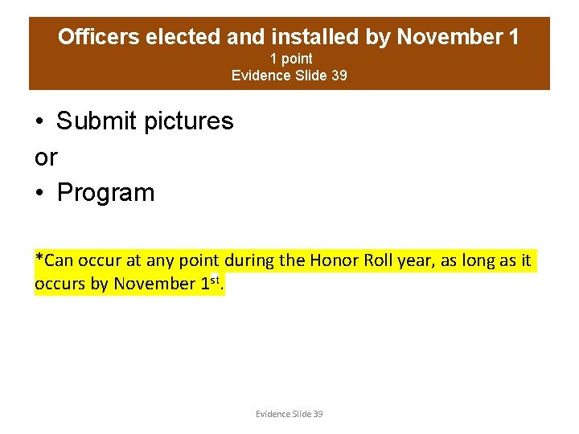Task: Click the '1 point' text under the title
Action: tap(290, 59)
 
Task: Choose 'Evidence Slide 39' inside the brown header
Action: tap(289, 76)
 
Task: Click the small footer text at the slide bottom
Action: tap(289, 414)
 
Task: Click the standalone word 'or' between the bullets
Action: tap(46, 158)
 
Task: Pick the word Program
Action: tap(105, 193)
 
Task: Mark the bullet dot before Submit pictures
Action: tap(39, 122)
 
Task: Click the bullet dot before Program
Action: tap(39, 194)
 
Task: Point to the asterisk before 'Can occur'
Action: tap(39, 259)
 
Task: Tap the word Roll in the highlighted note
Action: tap(378, 260)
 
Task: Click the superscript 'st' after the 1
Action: tap(216, 280)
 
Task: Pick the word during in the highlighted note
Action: tap(249, 260)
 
